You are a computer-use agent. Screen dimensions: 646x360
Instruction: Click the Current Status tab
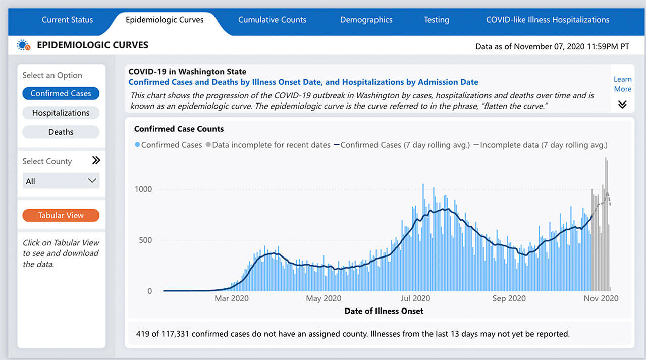pyautogui.click(x=67, y=20)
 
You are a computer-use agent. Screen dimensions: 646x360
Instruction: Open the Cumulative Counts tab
pyautogui.click(x=272, y=20)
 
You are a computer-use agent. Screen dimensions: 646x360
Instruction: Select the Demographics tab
pyautogui.click(x=366, y=20)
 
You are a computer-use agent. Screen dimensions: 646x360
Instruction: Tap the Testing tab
pyautogui.click(x=436, y=20)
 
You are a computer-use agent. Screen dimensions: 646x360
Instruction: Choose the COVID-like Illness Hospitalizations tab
pyautogui.click(x=547, y=20)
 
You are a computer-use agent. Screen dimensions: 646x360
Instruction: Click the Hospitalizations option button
pyautogui.click(x=61, y=113)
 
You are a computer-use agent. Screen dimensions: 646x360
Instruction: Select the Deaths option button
pyautogui.click(x=61, y=132)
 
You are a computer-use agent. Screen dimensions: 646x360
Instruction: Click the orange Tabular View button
pyautogui.click(x=61, y=215)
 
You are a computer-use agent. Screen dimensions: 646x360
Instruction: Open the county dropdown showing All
pyautogui.click(x=61, y=181)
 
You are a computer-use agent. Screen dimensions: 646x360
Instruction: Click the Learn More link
pyautogui.click(x=622, y=84)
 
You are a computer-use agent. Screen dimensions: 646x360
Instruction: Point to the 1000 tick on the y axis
pyautogui.click(x=143, y=189)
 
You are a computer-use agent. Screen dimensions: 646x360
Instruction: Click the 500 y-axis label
pyautogui.click(x=145, y=240)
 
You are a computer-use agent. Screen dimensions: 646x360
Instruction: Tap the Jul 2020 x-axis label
pyautogui.click(x=415, y=298)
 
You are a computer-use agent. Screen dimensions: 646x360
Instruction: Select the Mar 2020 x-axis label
pyautogui.click(x=232, y=298)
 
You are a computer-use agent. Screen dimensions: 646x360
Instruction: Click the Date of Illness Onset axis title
pyautogui.click(x=384, y=311)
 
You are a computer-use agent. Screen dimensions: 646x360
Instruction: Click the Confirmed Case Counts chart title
pyautogui.click(x=179, y=129)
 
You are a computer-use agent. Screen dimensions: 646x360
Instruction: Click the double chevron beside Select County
pyautogui.click(x=96, y=160)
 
